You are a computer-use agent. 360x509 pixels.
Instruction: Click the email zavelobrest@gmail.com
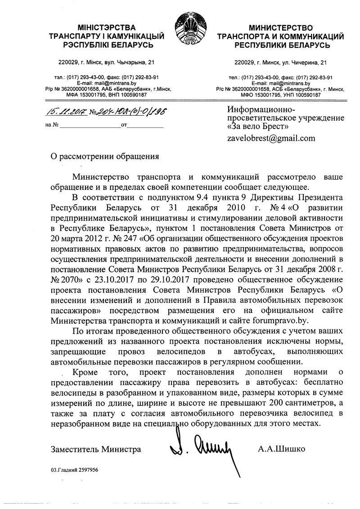tap(272, 138)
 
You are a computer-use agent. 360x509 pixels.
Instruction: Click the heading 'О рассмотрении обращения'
tap(104, 157)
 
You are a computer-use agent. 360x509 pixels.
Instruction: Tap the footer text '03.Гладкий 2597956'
tap(74, 469)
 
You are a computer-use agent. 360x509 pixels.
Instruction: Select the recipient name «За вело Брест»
tap(257, 128)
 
